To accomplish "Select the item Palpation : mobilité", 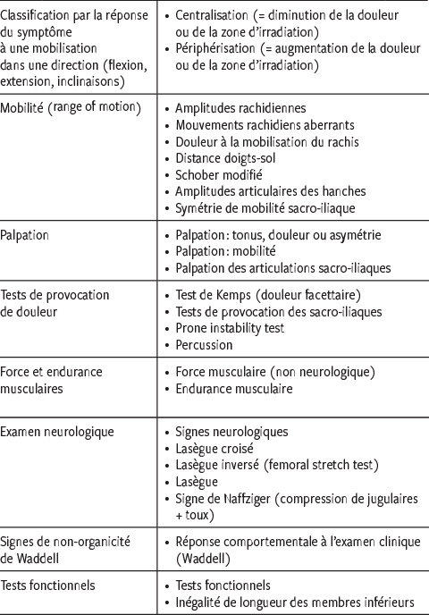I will click(231, 251).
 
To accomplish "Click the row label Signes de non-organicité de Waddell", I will click(67, 551).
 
